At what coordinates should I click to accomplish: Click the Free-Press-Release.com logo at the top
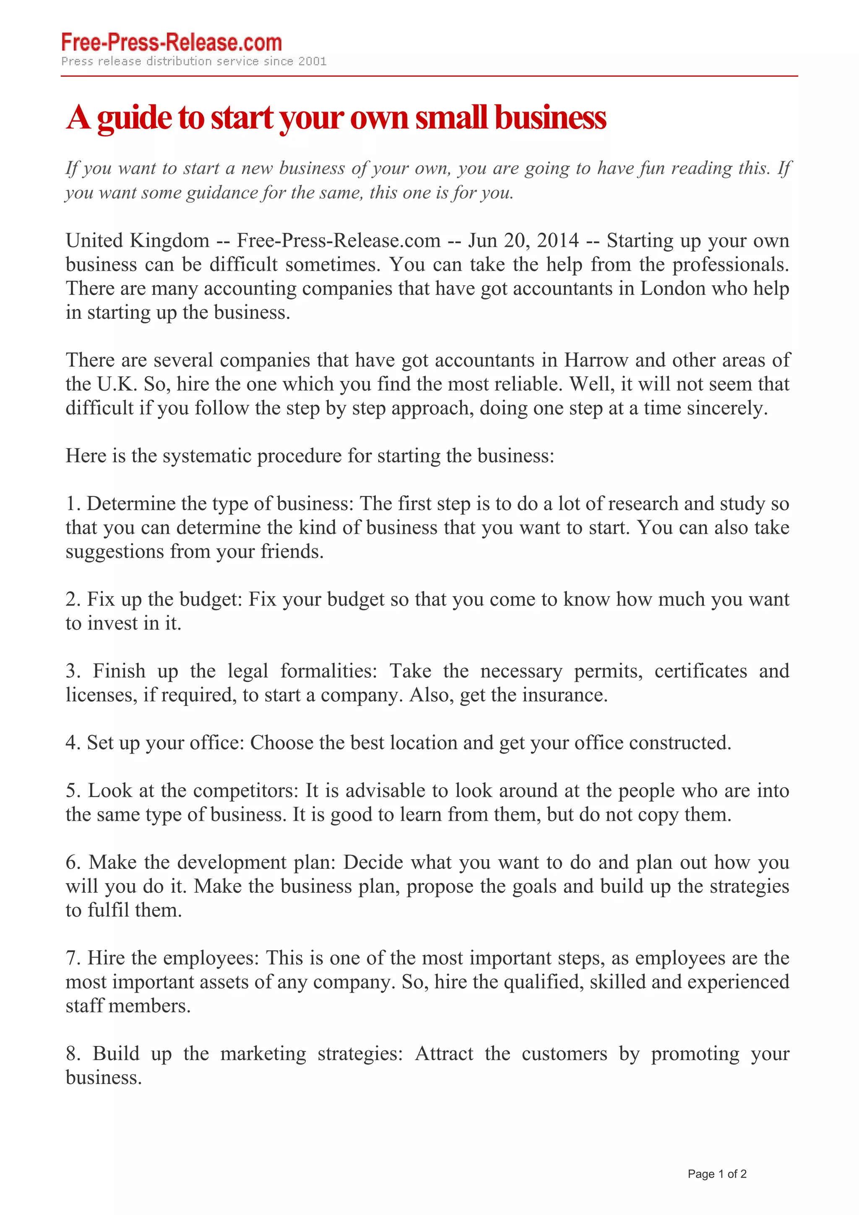(172, 43)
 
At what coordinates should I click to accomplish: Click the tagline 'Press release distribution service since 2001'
(194, 61)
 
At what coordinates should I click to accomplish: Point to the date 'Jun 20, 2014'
(523, 241)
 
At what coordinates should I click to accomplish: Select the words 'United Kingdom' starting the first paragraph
(138, 241)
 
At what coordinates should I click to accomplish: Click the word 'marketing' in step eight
(263, 1053)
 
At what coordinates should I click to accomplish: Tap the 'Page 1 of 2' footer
(717, 1174)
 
